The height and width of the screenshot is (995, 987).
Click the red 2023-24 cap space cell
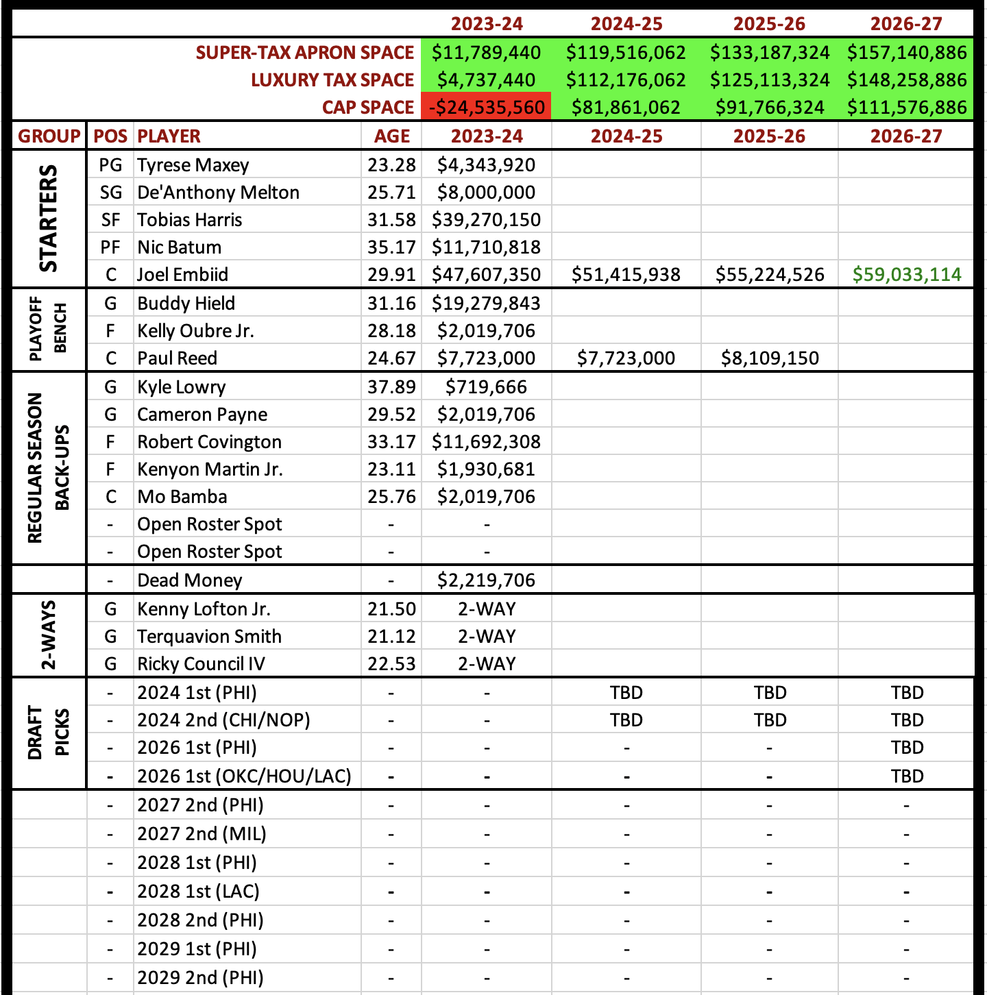pos(487,108)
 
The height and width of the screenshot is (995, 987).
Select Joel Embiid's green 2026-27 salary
pos(907,275)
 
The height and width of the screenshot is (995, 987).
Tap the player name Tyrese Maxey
pos(193,165)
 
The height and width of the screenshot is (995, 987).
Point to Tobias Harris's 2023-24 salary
pos(487,220)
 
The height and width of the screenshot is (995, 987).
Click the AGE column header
pos(391,136)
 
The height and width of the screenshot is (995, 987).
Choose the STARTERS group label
pos(48,219)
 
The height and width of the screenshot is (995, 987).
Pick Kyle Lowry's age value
pos(391,387)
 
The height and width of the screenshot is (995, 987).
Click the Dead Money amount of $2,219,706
pos(487,580)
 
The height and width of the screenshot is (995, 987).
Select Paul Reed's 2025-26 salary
pos(770,358)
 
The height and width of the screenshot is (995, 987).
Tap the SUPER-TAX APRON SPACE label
pos(305,53)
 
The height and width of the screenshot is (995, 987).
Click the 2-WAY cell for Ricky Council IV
pos(487,664)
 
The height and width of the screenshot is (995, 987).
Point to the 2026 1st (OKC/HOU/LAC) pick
pos(244,776)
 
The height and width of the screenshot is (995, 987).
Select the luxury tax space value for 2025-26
pos(770,80)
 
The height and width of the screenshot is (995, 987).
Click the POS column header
pos(110,136)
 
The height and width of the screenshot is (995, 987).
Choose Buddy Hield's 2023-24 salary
pos(487,304)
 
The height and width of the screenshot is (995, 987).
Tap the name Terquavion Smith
pos(209,637)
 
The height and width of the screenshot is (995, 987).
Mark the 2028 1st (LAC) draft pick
pos(198,892)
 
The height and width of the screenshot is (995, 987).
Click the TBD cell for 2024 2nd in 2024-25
pos(626,720)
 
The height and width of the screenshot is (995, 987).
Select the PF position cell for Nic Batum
pos(110,247)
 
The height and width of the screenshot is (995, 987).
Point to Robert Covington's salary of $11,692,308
pos(487,442)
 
